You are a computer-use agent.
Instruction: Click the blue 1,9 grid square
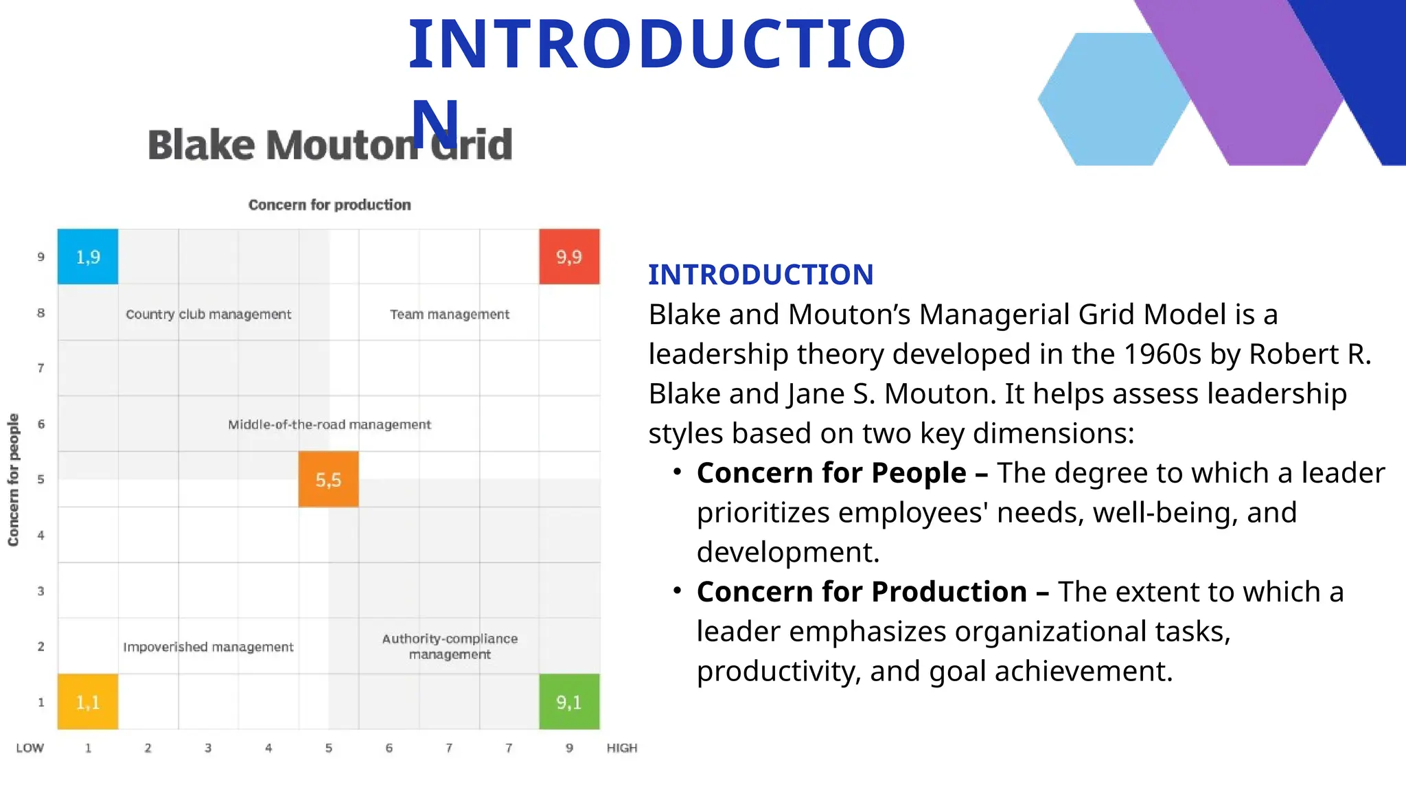[88, 257]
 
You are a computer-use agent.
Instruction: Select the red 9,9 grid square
[569, 257]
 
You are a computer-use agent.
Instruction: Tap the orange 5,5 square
[328, 479]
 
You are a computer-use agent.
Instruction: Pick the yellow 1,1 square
[88, 702]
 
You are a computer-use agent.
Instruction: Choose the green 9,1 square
[569, 702]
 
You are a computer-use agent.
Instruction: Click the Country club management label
[208, 314]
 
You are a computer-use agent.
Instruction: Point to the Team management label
[450, 314]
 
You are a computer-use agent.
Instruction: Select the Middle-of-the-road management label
[330, 424]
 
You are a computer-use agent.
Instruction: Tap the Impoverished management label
[208, 647]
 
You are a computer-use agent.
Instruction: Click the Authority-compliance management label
[450, 646]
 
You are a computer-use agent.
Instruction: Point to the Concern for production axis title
[330, 205]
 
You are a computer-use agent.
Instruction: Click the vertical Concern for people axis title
[14, 479]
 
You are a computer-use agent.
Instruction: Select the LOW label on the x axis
[30, 748]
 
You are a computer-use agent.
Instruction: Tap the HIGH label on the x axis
[621, 748]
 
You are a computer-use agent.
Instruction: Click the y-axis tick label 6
[41, 424]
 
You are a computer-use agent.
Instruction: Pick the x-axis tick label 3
[208, 748]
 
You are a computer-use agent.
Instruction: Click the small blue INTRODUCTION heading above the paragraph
[761, 275]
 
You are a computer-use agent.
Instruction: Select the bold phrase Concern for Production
[862, 592]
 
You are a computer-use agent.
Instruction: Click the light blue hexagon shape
[1112, 100]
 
